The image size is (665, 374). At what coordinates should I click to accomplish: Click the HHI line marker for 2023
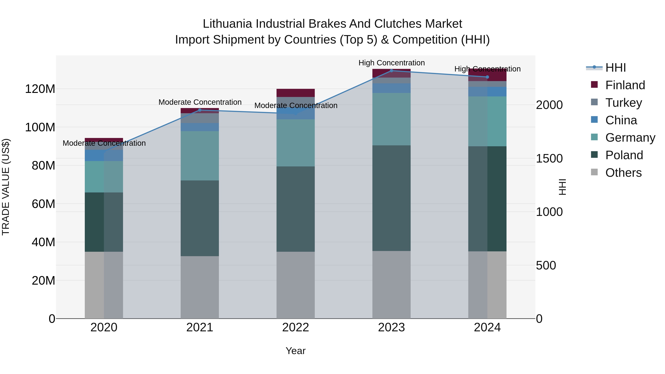[x=391, y=71]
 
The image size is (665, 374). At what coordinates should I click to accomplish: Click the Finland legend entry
[x=625, y=85]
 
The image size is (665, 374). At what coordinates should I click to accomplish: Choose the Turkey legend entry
[x=623, y=103]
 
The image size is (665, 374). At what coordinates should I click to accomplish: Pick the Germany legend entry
[x=630, y=138]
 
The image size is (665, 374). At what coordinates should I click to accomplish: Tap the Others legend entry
[x=623, y=173]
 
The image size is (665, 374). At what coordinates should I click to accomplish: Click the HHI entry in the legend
[x=615, y=68]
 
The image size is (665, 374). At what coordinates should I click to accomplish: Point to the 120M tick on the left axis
[x=40, y=89]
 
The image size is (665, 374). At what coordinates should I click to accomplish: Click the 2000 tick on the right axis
[x=549, y=105]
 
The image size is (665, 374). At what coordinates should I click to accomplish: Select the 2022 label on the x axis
[x=296, y=327]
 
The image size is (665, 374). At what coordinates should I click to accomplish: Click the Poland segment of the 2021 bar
[x=199, y=218]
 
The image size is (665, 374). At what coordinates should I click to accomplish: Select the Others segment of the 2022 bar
[x=296, y=285]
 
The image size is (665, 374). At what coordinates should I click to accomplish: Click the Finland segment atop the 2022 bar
[x=296, y=93]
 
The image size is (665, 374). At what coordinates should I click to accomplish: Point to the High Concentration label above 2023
[x=391, y=63]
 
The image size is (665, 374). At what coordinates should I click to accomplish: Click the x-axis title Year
[x=296, y=351]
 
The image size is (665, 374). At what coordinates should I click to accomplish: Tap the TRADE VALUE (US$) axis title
[x=6, y=187]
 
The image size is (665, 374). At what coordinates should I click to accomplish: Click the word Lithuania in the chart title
[x=227, y=24]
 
